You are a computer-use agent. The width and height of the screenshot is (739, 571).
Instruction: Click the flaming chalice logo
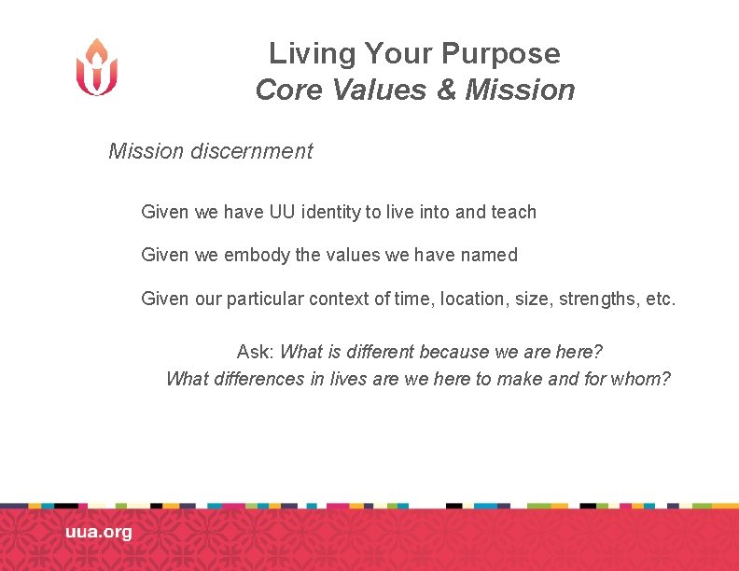pos(97,67)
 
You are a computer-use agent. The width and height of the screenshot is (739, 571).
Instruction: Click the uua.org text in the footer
pos(99,533)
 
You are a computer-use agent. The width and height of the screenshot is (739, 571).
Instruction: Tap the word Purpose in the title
pos(509,54)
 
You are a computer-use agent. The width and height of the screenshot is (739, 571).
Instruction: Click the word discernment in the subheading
pos(251,151)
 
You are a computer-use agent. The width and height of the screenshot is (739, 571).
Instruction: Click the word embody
pos(257,255)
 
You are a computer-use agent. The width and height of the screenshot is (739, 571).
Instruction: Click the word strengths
pos(598,299)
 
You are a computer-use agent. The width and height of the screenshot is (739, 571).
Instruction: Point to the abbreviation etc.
pos(660,299)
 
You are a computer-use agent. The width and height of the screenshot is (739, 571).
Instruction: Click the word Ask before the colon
pos(254,352)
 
